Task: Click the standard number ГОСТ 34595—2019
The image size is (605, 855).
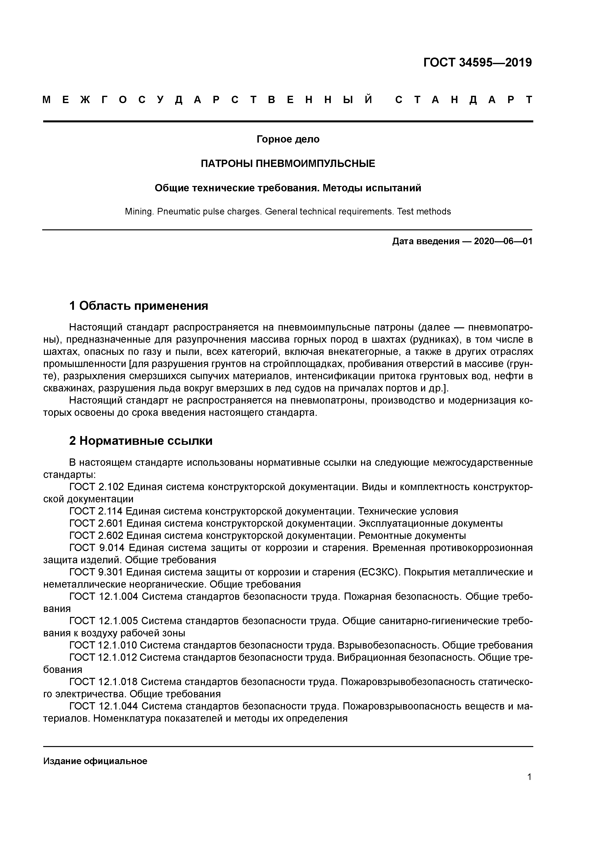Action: pyautogui.click(x=477, y=63)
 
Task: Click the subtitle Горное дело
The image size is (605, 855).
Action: pyautogui.click(x=288, y=139)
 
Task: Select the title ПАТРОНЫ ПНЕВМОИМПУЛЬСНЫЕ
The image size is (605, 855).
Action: pyautogui.click(x=288, y=164)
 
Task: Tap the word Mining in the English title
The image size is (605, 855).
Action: pyautogui.click(x=138, y=212)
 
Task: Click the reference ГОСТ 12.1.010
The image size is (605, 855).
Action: pyautogui.click(x=103, y=645)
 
